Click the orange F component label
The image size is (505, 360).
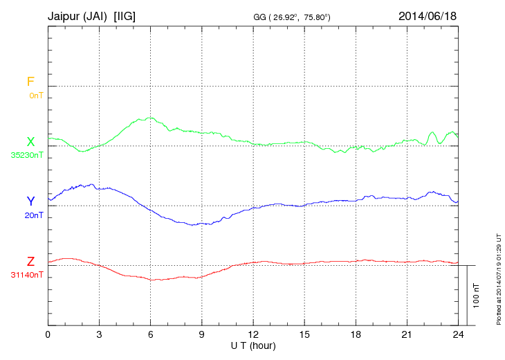coord(30,82)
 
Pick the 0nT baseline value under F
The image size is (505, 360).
coord(35,95)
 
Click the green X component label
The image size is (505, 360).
coord(30,142)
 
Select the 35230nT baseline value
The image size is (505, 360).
coord(27,155)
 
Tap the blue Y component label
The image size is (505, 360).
coord(30,201)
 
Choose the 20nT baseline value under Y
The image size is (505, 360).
coord(34,215)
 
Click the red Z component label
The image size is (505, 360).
coord(30,262)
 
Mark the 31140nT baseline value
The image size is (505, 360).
coord(27,275)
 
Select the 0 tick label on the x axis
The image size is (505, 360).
coord(48,334)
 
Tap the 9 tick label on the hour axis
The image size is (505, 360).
coord(201,334)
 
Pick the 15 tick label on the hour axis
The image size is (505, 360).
coord(304,334)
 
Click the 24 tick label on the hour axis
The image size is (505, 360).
coord(457,334)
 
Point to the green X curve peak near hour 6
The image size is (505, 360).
coord(148,118)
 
